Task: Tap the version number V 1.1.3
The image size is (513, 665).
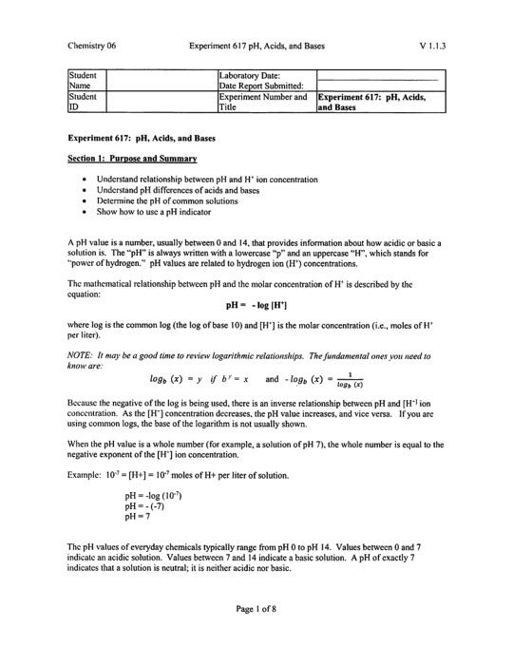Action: click(431, 45)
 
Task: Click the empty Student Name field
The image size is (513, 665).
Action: click(160, 78)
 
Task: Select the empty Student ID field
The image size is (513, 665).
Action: click(160, 102)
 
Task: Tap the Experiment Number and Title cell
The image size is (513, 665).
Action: click(264, 102)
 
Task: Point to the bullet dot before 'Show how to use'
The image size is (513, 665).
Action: click(86, 212)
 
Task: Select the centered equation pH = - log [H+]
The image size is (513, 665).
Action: click(256, 306)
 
